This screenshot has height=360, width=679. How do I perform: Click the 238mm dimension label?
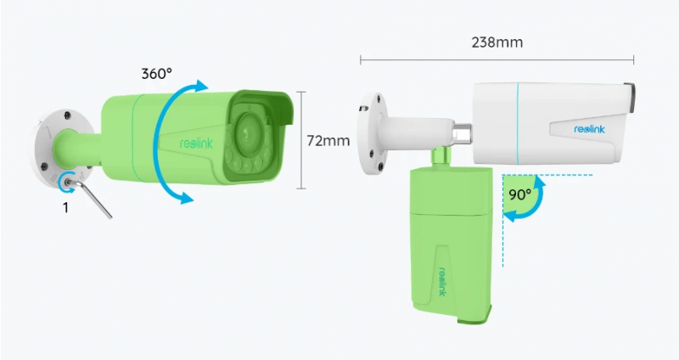[497, 42]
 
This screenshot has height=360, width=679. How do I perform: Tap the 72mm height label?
[328, 140]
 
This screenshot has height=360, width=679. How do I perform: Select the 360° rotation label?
[156, 73]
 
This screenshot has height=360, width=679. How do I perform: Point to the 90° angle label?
[519, 194]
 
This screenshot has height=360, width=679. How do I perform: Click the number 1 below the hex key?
[65, 208]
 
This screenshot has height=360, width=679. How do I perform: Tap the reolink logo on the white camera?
[589, 129]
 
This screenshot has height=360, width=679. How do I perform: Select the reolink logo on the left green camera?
[196, 143]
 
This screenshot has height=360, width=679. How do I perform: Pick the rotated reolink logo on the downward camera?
[442, 281]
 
